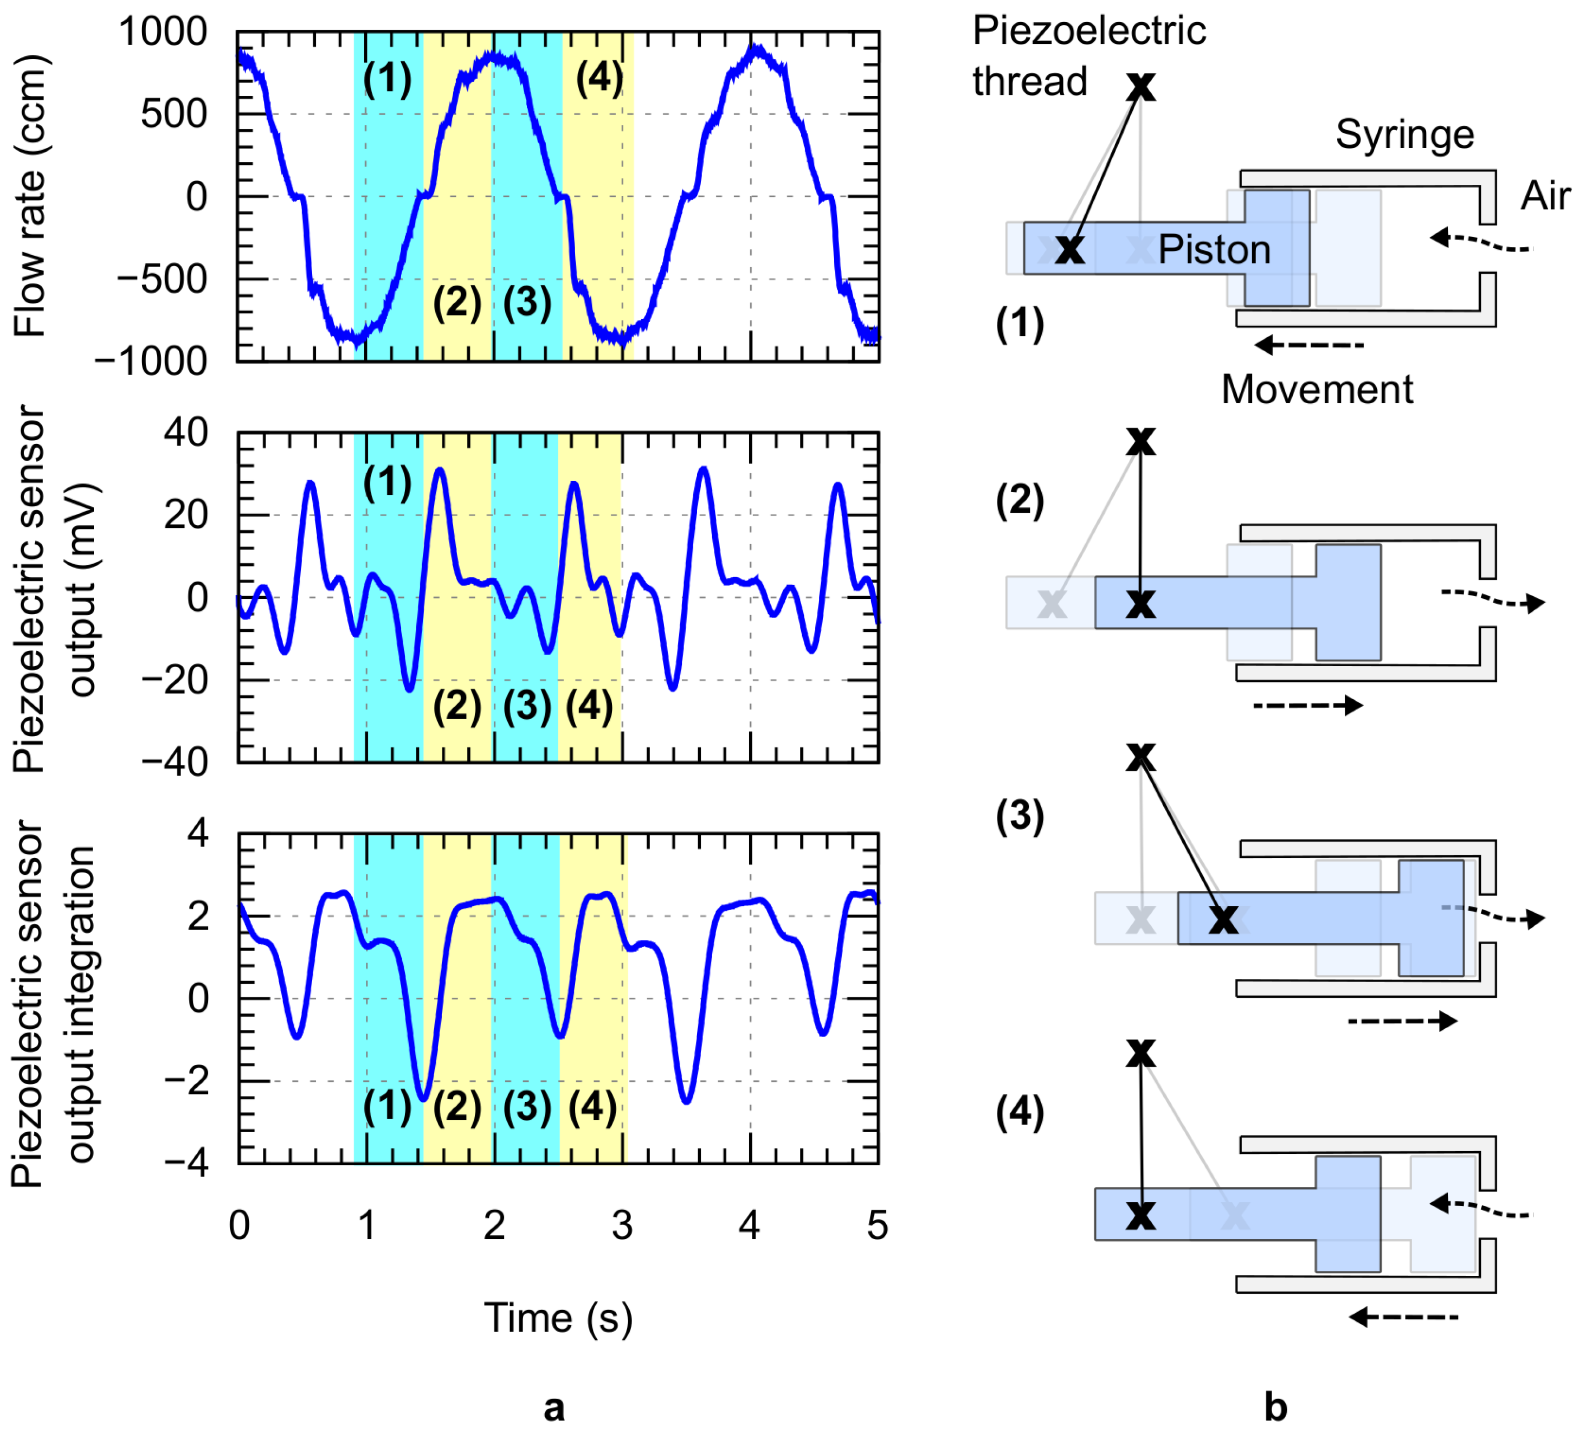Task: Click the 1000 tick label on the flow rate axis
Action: tap(162, 33)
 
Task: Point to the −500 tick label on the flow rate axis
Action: tap(162, 279)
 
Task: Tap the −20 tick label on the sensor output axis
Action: tap(175, 680)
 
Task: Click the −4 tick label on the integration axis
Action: tap(186, 1163)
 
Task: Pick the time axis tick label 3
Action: tap(622, 1226)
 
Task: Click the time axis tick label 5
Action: tap(877, 1226)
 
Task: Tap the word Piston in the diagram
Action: tap(1214, 250)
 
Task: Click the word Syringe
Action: tap(1404, 134)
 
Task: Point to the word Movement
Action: tap(1317, 390)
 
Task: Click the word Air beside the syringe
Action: tap(1545, 196)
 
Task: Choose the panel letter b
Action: tap(1275, 1406)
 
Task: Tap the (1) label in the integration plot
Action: tap(387, 1106)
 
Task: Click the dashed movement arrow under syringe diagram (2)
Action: tap(1307, 705)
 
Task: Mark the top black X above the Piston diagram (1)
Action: tap(1141, 87)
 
